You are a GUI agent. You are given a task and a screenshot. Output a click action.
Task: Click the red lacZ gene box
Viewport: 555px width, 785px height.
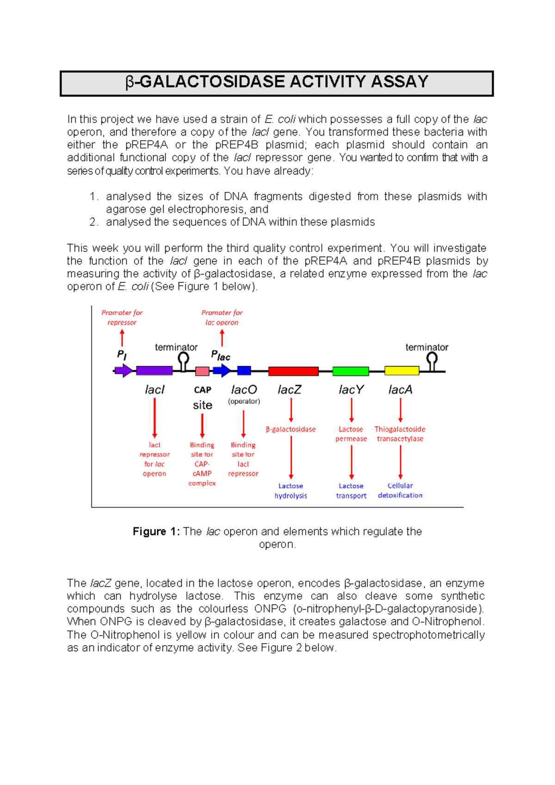point(293,371)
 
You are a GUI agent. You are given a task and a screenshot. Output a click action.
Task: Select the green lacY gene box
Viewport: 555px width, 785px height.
point(351,371)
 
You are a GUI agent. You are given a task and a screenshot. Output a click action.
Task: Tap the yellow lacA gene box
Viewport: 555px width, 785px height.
point(401,371)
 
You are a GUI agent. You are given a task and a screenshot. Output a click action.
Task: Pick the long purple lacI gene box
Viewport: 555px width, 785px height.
point(154,371)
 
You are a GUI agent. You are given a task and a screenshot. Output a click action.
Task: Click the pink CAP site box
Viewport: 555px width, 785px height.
point(202,371)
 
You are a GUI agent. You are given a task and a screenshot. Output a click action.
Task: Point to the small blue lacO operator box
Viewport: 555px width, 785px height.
point(244,370)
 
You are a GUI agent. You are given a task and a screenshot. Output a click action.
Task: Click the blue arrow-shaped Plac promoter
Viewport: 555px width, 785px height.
point(222,371)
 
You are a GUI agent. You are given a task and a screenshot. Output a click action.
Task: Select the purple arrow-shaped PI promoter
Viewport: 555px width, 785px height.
point(123,371)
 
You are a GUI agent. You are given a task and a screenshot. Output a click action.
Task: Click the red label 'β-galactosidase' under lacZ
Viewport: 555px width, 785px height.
point(290,430)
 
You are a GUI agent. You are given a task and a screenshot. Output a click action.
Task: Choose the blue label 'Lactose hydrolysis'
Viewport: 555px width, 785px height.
point(290,491)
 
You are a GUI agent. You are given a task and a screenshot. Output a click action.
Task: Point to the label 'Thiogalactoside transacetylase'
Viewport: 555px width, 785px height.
point(400,434)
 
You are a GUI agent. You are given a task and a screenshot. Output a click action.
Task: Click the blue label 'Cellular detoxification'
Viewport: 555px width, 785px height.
point(400,491)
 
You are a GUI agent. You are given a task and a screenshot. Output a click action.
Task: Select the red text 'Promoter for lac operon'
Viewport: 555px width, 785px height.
point(222,318)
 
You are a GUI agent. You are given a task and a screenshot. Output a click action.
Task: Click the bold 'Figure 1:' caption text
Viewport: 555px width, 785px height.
point(156,531)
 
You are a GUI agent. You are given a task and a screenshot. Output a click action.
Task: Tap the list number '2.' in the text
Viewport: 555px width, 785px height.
point(94,222)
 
